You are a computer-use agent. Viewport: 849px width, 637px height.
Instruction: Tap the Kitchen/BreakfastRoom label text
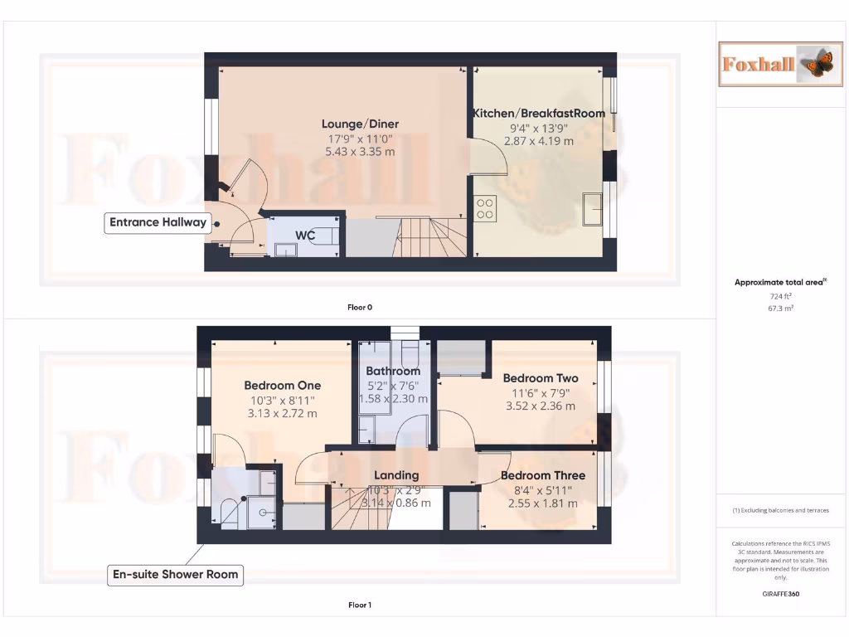pos(539,114)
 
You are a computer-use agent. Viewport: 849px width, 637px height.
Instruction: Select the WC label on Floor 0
pos(305,236)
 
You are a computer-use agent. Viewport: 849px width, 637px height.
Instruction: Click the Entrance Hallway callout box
pos(158,222)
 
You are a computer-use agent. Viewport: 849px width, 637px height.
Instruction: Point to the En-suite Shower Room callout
pos(175,574)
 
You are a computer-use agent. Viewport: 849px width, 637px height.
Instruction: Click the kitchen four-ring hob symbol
pos(486,207)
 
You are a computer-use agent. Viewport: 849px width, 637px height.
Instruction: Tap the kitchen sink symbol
pos(593,209)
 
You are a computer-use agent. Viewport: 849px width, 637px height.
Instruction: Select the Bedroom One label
pos(282,386)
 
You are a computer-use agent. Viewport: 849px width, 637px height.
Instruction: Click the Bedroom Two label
pos(541,378)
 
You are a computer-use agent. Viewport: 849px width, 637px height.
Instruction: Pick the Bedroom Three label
pos(543,475)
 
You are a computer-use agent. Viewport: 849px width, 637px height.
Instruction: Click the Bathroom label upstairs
pos(393,371)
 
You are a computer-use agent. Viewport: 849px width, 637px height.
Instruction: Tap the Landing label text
pos(396,475)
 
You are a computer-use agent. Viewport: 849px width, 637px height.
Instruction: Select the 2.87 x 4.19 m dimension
pos(539,141)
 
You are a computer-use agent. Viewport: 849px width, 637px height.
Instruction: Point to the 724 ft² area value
pos(780,295)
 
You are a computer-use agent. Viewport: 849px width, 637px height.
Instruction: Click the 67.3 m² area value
pos(780,308)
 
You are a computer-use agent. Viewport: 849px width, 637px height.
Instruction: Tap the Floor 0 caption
pos(360,307)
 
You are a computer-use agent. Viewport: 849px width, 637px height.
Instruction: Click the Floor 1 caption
pos(360,605)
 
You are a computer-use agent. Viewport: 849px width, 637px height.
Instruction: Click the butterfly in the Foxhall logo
pos(817,64)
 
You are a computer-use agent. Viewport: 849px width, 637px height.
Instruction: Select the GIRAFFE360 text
pos(780,594)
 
